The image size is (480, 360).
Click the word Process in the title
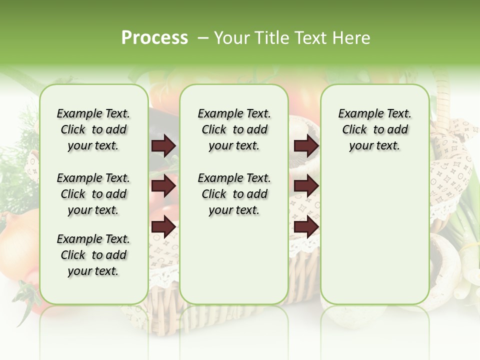(x=154, y=38)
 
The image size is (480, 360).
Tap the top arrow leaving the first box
(x=163, y=146)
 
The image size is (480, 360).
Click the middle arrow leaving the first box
(x=163, y=186)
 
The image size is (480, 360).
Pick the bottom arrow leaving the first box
(x=163, y=227)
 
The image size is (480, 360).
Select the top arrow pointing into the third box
(x=306, y=146)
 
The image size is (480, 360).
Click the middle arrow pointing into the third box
(x=306, y=186)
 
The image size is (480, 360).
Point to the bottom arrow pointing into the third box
(x=306, y=227)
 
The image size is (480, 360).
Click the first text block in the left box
(x=93, y=129)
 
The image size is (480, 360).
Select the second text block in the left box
(x=93, y=194)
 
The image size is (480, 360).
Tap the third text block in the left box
(x=93, y=255)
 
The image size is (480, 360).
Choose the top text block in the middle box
(x=234, y=129)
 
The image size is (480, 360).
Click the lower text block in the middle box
(x=234, y=194)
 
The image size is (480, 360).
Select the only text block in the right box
(x=374, y=129)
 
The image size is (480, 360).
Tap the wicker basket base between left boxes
(x=164, y=295)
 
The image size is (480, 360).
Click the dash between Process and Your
(x=203, y=38)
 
